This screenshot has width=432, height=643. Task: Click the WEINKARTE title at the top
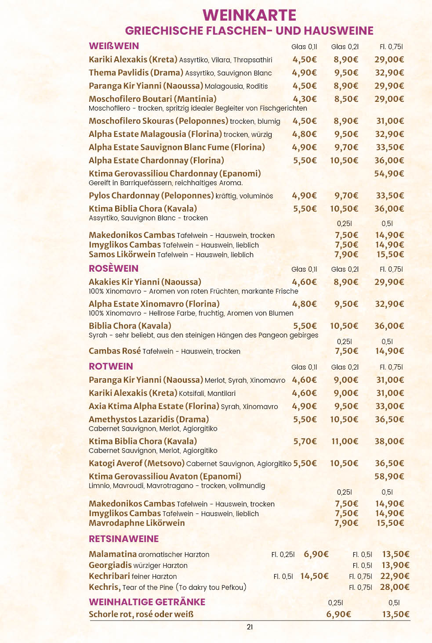tap(249, 15)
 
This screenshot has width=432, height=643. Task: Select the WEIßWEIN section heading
tap(114, 46)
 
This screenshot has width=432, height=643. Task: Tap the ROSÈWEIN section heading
tap(113, 269)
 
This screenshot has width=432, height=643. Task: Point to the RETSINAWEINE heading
tap(123, 539)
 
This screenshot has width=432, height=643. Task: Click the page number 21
tap(250, 627)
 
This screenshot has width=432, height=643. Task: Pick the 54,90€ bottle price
tap(389, 174)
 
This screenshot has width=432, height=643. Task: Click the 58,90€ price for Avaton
tap(389, 477)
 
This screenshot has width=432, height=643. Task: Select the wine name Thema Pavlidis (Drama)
tap(136, 73)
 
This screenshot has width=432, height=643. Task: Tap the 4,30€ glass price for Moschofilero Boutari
tap(305, 99)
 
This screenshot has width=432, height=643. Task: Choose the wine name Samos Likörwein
tap(122, 255)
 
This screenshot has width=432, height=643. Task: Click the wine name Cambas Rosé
tap(115, 351)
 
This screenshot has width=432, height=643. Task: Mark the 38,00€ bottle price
tap(389, 442)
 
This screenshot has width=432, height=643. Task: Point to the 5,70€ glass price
tap(305, 442)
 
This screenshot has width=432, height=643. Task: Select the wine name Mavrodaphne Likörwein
tap(137, 523)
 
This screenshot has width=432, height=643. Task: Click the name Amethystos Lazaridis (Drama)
tap(149, 420)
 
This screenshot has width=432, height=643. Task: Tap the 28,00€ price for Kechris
tap(395, 587)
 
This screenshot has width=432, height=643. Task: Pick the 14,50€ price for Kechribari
tap(314, 576)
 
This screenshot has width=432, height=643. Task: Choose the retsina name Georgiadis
tap(110, 565)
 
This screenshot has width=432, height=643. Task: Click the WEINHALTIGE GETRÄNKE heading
tap(147, 602)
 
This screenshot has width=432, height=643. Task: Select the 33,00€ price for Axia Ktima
tap(389, 406)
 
